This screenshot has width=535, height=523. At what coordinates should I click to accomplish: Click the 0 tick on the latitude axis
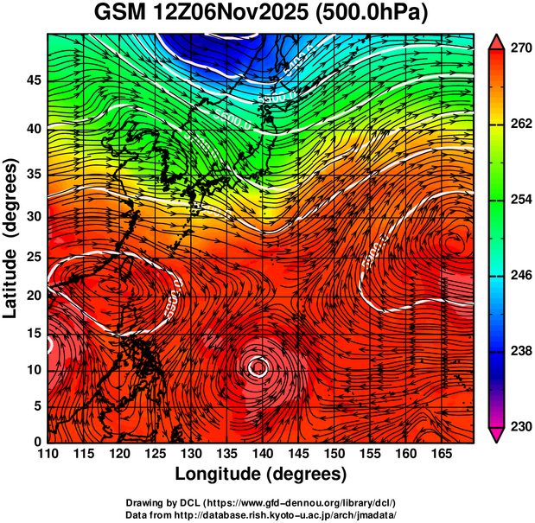(36, 441)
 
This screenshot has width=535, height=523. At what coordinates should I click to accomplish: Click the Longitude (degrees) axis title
(261, 474)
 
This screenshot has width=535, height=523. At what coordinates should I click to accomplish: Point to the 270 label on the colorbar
(518, 48)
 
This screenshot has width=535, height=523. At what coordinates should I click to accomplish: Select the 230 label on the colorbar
(518, 427)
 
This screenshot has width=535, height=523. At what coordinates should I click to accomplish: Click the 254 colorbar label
(518, 200)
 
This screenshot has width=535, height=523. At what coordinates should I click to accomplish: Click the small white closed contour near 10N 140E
(258, 367)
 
